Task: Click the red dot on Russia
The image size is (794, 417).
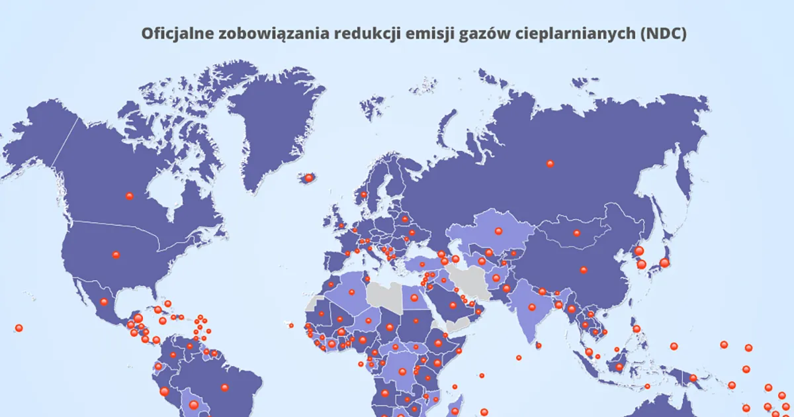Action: (550, 163)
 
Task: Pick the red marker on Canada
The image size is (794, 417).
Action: (129, 196)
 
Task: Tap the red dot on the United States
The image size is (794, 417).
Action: (116, 255)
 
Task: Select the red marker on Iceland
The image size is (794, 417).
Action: (308, 178)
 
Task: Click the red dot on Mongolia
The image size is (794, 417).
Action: (576, 233)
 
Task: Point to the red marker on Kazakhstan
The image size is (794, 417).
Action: (499, 231)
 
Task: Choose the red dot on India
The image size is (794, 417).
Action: (531, 307)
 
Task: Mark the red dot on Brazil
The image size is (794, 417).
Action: (225, 387)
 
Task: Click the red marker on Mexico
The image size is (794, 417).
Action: (104, 302)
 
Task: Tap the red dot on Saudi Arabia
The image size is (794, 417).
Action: (453, 305)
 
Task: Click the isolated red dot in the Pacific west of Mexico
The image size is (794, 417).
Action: (19, 328)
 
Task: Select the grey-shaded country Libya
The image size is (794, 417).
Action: (386, 296)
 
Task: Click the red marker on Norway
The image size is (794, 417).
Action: (363, 195)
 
